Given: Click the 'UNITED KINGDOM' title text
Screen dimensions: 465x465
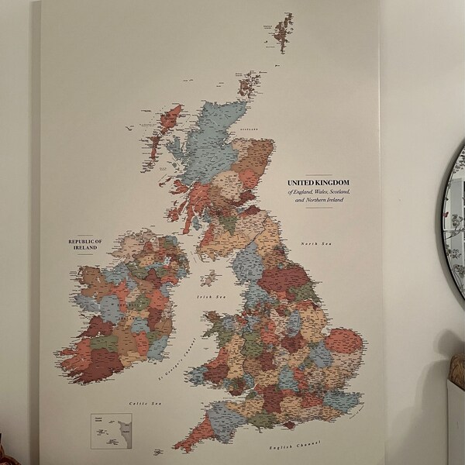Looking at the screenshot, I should click(319, 184).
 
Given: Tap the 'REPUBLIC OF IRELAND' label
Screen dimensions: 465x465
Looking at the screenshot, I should click(86, 245).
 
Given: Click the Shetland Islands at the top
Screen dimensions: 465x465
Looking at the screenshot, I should click(281, 32).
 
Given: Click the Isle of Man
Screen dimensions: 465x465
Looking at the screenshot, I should click(208, 277).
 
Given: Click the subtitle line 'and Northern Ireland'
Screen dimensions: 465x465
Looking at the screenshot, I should click(319, 200).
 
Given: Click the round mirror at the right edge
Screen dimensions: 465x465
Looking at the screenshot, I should click(453, 232).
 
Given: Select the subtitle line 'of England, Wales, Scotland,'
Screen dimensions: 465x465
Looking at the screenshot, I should click(319, 192).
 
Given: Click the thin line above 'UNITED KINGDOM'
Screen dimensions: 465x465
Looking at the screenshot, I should click(319, 176).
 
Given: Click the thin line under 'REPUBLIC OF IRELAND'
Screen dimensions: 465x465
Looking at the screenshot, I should click(86, 254).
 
